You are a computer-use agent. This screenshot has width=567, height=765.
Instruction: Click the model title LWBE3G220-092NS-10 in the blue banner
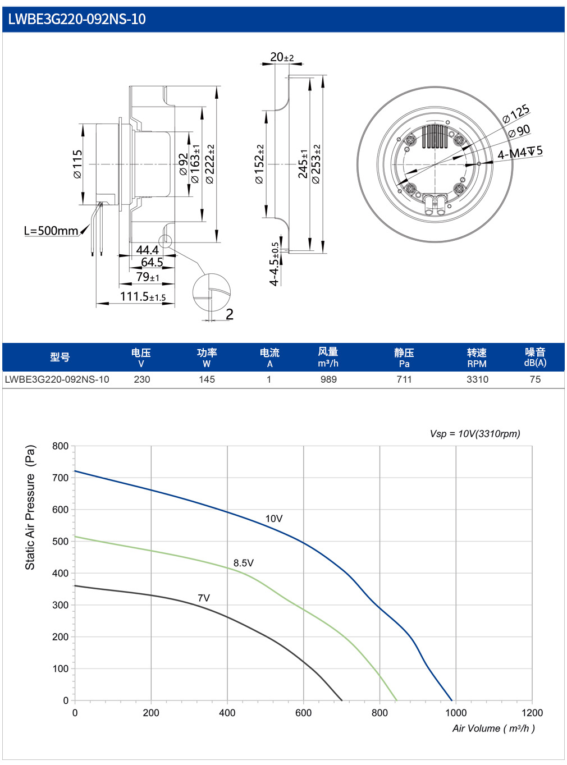pos(77,19)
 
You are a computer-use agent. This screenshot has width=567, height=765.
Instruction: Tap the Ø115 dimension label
pos(77,164)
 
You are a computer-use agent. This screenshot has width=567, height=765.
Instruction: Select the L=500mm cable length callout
pos(51,230)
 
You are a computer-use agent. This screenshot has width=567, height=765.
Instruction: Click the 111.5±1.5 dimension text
pos(143,296)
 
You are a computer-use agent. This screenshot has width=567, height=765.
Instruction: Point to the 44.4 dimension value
pos(147,249)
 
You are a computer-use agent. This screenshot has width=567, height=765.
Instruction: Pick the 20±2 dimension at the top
pos(282,57)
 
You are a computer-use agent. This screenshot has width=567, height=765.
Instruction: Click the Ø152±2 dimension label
pos(259,164)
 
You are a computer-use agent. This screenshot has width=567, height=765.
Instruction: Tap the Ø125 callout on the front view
pos(516,113)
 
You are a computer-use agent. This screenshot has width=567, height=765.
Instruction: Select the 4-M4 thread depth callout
pos(520,152)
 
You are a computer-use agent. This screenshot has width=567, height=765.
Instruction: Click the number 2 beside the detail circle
pos(230,314)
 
